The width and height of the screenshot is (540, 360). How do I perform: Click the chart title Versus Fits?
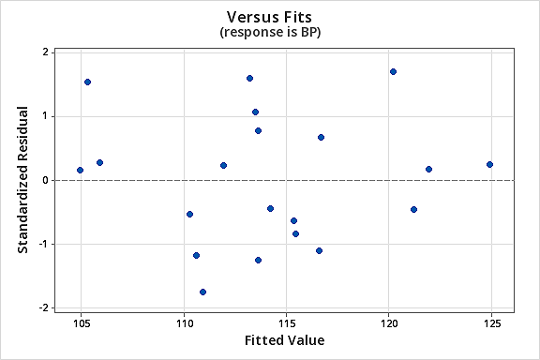click(270, 16)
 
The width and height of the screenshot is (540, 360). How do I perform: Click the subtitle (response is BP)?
click(270, 32)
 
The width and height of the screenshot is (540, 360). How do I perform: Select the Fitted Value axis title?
click(284, 340)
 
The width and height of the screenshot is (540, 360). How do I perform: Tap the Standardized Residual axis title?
click(22, 180)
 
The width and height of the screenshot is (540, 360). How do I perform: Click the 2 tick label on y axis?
click(46, 52)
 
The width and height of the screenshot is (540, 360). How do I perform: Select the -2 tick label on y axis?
click(43, 307)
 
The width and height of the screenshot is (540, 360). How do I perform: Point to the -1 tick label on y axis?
click(43, 244)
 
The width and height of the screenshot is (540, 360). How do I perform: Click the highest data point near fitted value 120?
click(394, 71)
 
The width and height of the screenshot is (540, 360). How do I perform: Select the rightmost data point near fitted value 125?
click(489, 164)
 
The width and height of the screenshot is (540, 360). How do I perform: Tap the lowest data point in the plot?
click(202, 292)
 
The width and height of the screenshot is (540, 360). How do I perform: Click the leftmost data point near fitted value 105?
click(80, 170)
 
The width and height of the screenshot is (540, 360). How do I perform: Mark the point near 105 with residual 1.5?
click(87, 82)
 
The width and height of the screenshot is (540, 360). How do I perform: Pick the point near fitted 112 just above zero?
click(223, 165)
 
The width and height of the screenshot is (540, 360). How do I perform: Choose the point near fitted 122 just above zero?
click(428, 169)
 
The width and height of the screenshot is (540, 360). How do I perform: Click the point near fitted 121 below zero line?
click(413, 209)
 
